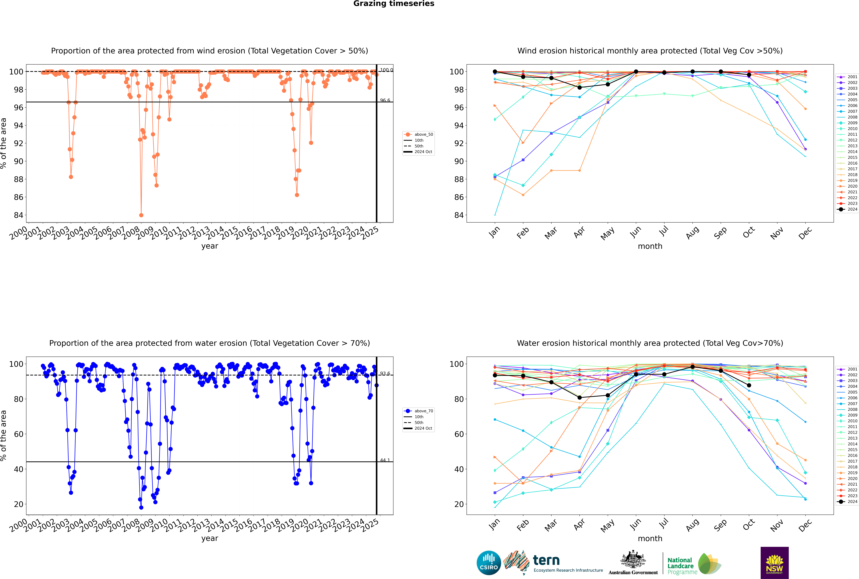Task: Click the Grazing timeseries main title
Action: tap(394, 4)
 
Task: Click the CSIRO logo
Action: tap(489, 563)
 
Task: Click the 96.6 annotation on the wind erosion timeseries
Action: tap(385, 100)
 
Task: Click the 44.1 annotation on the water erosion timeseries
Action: tap(385, 460)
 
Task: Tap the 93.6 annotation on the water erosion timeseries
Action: tap(385, 374)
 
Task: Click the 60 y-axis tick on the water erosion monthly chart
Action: tap(459, 434)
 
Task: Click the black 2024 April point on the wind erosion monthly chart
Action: tap(579, 88)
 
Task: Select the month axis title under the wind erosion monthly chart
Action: tap(650, 246)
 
